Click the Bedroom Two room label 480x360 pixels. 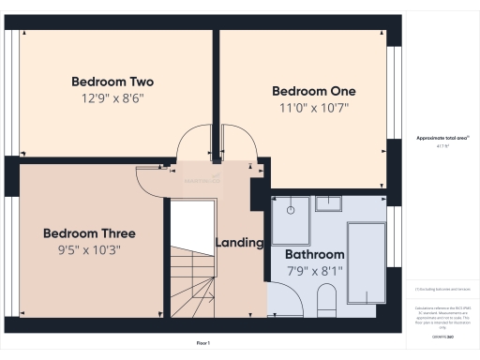coord(112,82)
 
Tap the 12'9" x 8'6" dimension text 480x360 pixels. coord(112,97)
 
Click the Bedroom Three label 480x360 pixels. coord(89,233)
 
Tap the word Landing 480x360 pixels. coord(240,243)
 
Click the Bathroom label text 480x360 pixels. coord(315,254)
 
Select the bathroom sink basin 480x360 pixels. coord(329,202)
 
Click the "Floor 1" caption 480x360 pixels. coord(202,344)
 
